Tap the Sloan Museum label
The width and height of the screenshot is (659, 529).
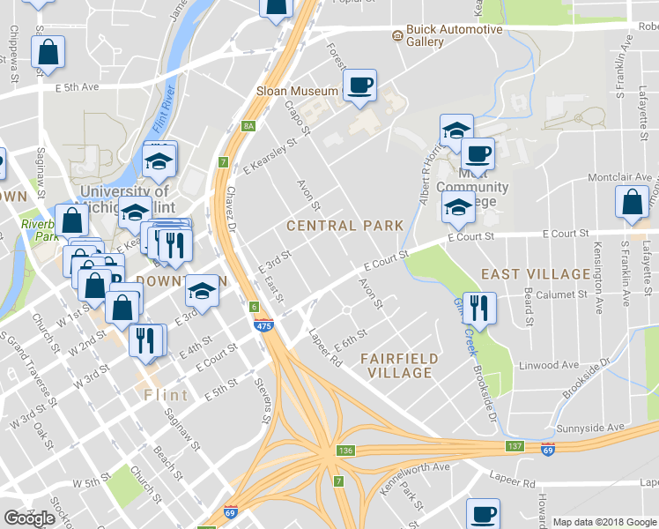click(x=296, y=91)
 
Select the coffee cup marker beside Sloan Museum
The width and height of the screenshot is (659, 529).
click(x=359, y=86)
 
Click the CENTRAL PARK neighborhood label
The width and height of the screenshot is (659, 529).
click(x=344, y=226)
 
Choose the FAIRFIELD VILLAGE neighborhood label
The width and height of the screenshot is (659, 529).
click(x=396, y=365)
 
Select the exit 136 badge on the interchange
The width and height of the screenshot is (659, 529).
click(x=344, y=451)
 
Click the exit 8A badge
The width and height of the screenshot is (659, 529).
click(x=248, y=127)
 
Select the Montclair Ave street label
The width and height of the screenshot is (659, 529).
click(x=617, y=177)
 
